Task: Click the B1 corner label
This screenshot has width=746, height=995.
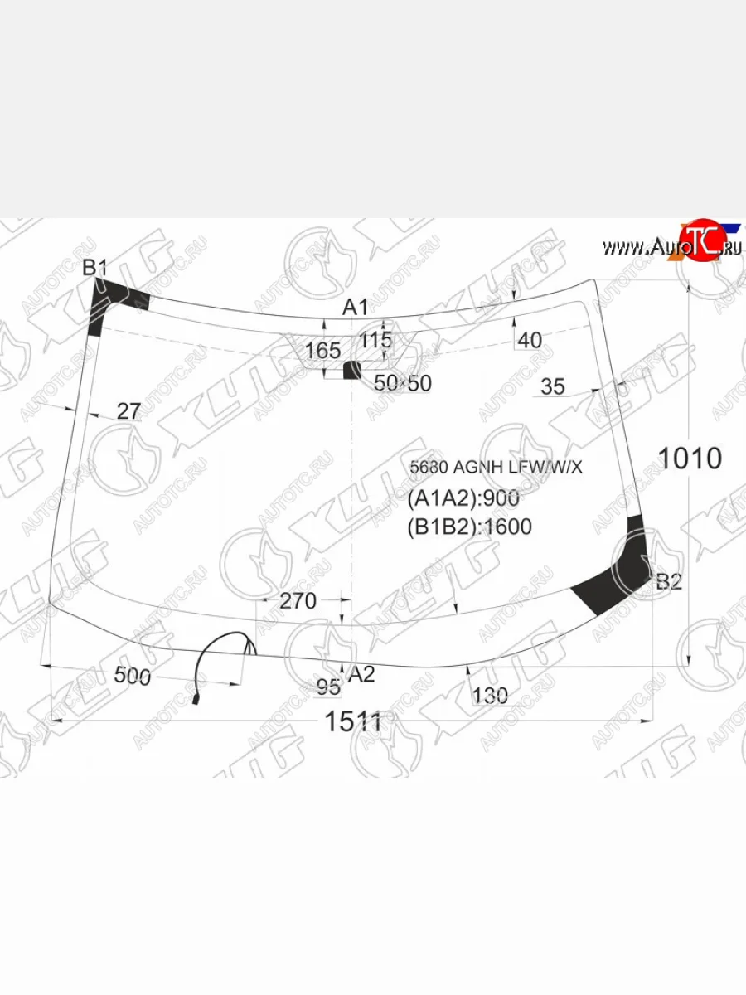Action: [95, 268]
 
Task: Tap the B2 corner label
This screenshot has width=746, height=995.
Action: [668, 582]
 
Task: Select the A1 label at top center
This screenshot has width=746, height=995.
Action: [356, 308]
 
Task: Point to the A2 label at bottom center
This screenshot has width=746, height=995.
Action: [361, 674]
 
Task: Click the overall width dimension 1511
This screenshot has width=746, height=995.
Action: [353, 722]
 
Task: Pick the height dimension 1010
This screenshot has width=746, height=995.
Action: [690, 458]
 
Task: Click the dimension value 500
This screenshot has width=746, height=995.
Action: [132, 677]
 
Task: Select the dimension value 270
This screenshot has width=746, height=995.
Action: [298, 601]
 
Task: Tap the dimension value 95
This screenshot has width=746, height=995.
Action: [328, 687]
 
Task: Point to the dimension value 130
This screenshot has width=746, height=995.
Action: [490, 696]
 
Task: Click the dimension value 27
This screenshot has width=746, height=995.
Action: [128, 410]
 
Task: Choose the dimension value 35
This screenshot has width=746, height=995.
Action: [552, 386]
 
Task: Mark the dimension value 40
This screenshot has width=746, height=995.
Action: [529, 340]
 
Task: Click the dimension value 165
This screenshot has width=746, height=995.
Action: [322, 351]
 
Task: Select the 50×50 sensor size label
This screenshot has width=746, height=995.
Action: [403, 382]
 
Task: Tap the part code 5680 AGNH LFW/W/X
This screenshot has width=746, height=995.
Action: [496, 468]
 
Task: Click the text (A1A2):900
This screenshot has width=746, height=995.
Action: [463, 498]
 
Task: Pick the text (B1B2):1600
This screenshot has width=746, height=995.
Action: [469, 527]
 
